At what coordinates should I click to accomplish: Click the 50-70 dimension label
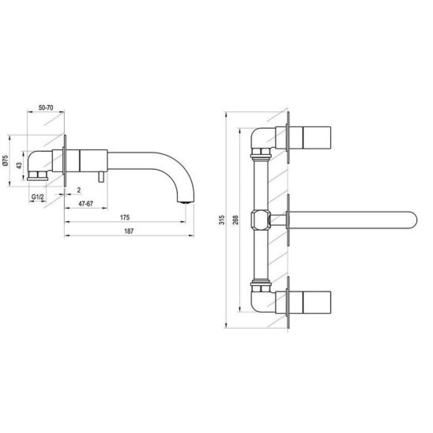coord(46,107)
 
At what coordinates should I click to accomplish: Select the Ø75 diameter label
coord(6,160)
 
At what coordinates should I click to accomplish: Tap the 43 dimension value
coord(19,165)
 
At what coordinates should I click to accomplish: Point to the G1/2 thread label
coord(38,197)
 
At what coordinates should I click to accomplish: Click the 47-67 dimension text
coord(86,204)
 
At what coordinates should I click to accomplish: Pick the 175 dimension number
coord(125,217)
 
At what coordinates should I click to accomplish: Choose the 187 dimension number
coord(129,231)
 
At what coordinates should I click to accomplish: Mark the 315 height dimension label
coord(221,220)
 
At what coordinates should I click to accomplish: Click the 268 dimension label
coord(235,220)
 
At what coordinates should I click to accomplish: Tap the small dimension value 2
coord(79,190)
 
